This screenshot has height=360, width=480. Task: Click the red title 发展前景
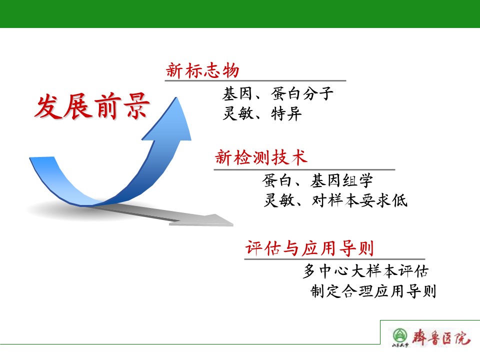point(92,106)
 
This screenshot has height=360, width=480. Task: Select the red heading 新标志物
point(202,70)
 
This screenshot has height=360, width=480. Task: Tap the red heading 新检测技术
point(261,157)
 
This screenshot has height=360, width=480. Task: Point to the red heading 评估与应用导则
point(309,248)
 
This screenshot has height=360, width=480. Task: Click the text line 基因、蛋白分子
point(277,93)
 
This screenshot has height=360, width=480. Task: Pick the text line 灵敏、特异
point(262,113)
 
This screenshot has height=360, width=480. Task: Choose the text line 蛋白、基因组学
point(317,180)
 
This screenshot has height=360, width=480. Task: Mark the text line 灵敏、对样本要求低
point(335,200)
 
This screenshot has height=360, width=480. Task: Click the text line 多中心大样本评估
point(365,271)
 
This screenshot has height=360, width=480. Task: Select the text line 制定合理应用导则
point(373,291)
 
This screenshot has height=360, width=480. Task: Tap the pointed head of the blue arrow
point(176,97)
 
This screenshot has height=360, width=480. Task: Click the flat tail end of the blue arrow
point(42,157)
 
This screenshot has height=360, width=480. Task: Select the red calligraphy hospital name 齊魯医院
point(440,337)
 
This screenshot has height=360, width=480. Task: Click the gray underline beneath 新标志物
point(255,81)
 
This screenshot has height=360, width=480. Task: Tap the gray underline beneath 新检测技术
point(304,169)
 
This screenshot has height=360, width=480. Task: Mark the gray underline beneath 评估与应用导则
point(334,259)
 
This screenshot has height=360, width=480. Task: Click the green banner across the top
point(240,14)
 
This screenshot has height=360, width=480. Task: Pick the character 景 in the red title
point(136,106)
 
